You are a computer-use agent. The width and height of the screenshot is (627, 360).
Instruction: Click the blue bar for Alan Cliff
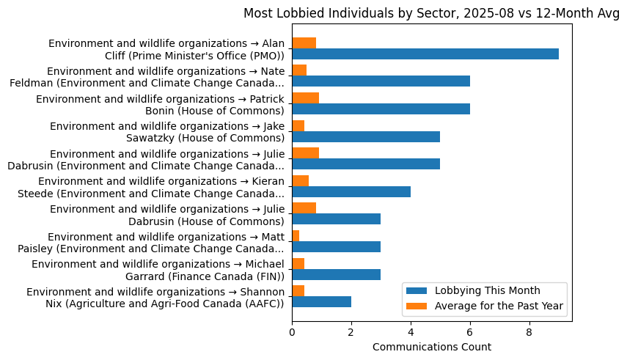[425, 54]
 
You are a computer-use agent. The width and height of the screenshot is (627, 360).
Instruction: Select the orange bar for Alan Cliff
[304, 43]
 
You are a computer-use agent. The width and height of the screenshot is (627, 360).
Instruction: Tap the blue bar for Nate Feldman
[381, 81]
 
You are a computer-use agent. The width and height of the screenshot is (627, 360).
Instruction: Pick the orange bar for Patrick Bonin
[305, 98]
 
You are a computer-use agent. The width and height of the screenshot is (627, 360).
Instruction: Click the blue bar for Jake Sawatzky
[366, 136]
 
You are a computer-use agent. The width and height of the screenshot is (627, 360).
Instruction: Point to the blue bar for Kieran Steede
[351, 191]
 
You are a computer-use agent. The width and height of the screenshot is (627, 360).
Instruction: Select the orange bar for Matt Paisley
[296, 235]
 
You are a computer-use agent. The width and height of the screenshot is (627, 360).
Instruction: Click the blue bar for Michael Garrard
[336, 274]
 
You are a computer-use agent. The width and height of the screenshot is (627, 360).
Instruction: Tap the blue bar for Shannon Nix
[321, 301]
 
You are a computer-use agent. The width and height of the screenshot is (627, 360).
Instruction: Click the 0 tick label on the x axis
[292, 331]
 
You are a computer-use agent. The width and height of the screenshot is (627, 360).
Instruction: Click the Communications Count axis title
[431, 347]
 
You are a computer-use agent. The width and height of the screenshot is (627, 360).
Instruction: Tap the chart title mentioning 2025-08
[431, 13]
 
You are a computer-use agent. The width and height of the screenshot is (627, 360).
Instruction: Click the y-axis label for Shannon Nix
[155, 298]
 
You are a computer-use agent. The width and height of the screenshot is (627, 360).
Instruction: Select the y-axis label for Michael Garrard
[158, 270]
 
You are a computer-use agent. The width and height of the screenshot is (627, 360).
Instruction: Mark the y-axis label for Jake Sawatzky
[166, 132]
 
